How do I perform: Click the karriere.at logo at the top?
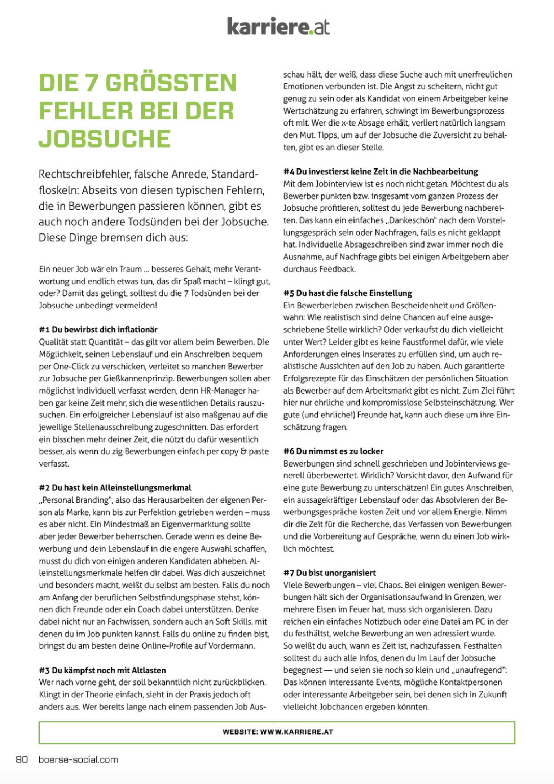(278, 26)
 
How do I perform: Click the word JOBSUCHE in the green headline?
(105, 139)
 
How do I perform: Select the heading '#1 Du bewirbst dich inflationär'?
(98, 329)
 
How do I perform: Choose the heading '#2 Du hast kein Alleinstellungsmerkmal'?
(115, 488)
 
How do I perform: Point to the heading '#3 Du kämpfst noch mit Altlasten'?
(102, 670)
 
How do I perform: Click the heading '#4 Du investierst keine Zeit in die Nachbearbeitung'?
(381, 172)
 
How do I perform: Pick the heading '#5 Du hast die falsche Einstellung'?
(348, 293)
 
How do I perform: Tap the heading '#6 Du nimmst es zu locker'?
(333, 451)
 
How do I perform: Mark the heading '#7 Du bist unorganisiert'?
(330, 573)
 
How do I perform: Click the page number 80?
(22, 759)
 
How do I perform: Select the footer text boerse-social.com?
(78, 759)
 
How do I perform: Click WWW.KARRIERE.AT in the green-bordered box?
(296, 732)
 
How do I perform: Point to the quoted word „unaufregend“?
(478, 670)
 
